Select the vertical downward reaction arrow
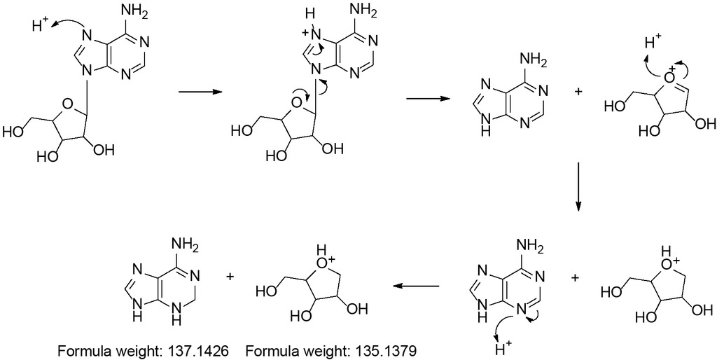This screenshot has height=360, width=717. coord(578,186)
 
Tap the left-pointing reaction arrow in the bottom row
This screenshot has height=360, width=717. coord(416,286)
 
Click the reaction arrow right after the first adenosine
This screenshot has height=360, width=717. coord(200,92)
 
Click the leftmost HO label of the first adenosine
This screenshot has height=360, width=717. coord(14,132)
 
